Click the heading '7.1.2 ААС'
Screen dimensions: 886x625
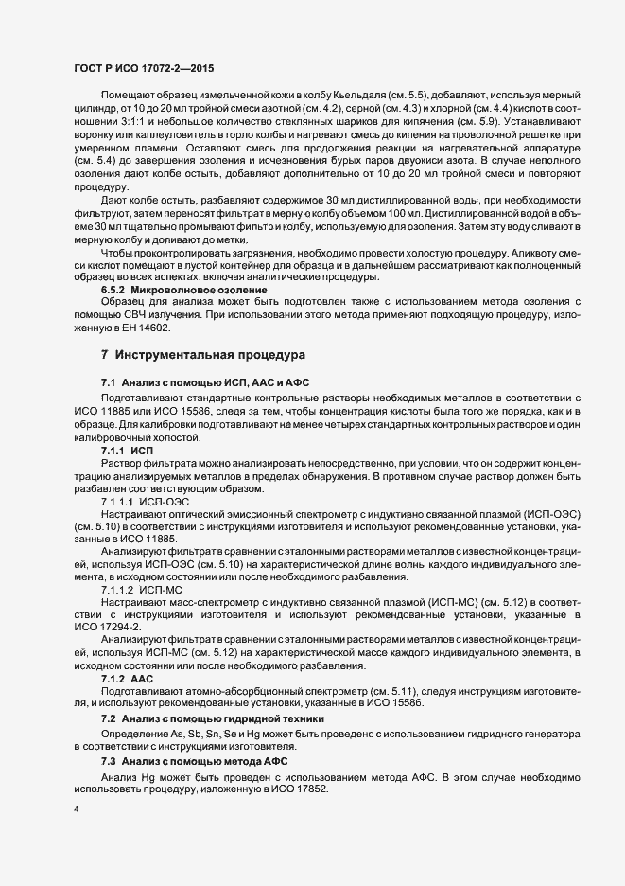127,679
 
